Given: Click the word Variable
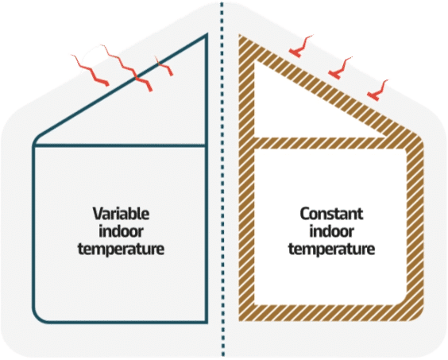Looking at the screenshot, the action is [x=121, y=214].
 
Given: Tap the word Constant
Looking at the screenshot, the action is [x=331, y=214].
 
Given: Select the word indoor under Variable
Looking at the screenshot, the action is [x=121, y=231].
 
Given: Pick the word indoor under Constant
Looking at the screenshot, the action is [x=331, y=231].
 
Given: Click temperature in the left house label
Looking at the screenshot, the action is [x=121, y=249].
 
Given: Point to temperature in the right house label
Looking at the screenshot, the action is [x=331, y=249].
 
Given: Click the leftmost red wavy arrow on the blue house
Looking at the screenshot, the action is [x=91, y=71].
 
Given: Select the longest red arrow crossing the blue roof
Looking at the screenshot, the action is [x=127, y=68].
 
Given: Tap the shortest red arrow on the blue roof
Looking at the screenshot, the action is [x=164, y=66].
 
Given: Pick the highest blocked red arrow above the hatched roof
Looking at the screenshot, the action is [x=299, y=47].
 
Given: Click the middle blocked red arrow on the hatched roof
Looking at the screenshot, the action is [x=339, y=68].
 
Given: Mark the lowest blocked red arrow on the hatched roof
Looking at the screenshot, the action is [x=377, y=91].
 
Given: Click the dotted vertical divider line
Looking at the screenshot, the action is [x=222, y=180].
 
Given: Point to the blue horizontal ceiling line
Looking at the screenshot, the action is [x=120, y=145].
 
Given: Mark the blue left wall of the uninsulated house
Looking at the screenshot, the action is [x=34, y=229].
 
